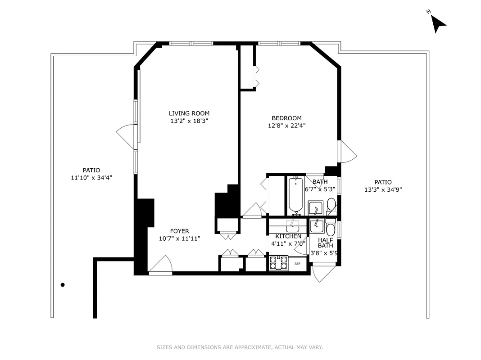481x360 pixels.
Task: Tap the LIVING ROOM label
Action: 189,113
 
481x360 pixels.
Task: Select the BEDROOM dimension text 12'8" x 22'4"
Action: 287,126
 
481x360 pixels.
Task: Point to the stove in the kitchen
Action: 278,263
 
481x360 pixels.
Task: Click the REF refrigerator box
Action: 297,264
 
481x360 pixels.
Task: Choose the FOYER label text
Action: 179,231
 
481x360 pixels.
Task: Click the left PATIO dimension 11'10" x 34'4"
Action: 91,178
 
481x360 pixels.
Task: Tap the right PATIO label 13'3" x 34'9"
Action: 383,189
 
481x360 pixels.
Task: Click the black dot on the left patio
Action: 63,285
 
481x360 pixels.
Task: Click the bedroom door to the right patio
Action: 348,152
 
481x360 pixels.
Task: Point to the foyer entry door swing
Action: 161,265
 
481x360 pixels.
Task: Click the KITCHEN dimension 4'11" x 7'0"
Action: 288,243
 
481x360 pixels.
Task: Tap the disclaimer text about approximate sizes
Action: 240,347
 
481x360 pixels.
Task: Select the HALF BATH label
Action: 326,243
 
